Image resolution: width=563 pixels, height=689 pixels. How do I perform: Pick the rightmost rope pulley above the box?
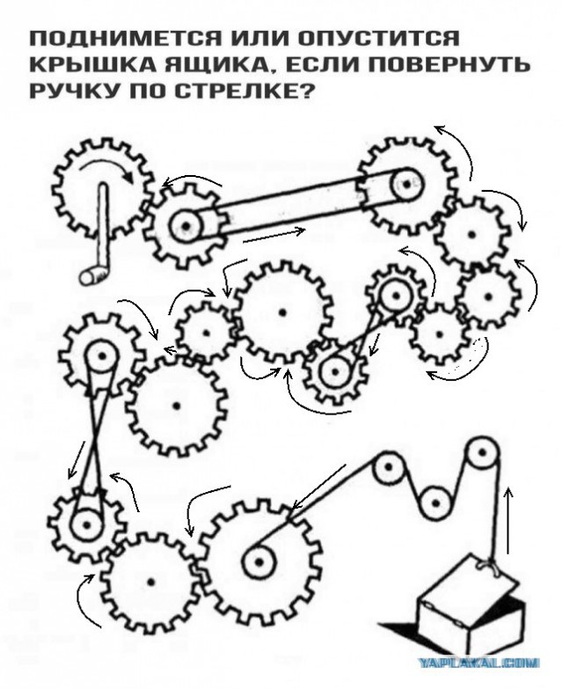tap(482, 457)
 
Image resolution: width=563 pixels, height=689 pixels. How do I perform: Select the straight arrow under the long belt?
tap(274, 235)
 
